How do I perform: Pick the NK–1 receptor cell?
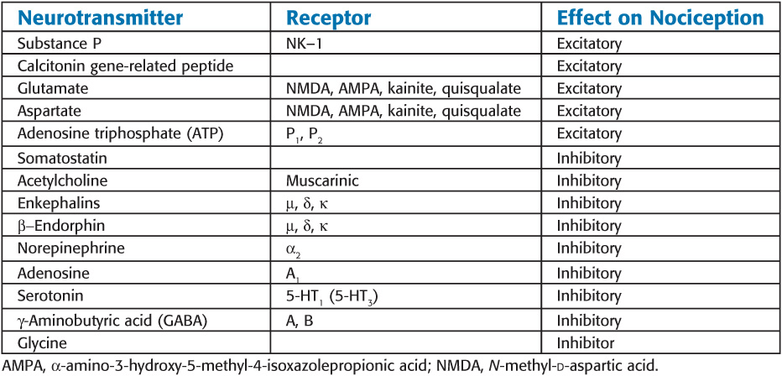305,42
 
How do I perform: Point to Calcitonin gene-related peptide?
126,65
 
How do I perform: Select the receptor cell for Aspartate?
403,111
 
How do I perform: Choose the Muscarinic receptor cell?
322,180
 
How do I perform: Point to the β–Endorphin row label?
60,226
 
